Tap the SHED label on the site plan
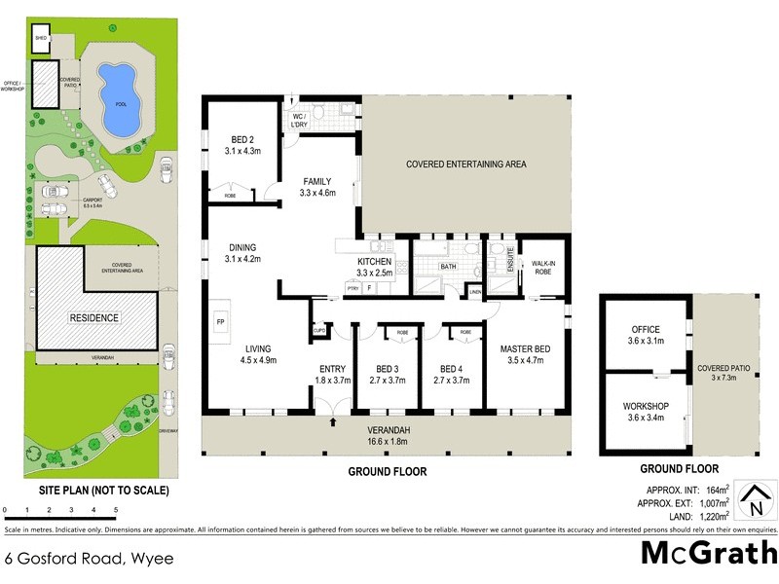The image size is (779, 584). pos(41,39)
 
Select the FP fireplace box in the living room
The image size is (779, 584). pos(220,320)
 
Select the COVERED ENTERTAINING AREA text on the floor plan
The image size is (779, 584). pos(465,164)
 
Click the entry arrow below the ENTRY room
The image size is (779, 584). pos(333,422)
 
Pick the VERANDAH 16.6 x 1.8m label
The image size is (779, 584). pos(387,436)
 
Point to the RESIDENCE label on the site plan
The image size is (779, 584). pos(94,318)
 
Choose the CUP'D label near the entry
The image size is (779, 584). pos(319,330)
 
